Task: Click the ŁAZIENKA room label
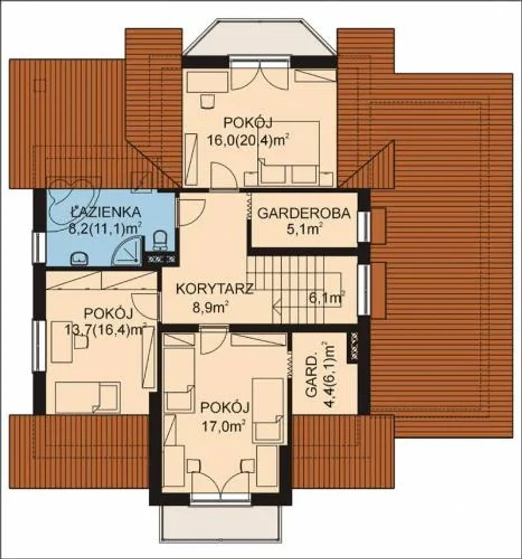(x=106, y=212)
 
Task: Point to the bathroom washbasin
(x=80, y=258)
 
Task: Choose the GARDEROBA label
(x=304, y=213)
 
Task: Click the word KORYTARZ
(x=214, y=289)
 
